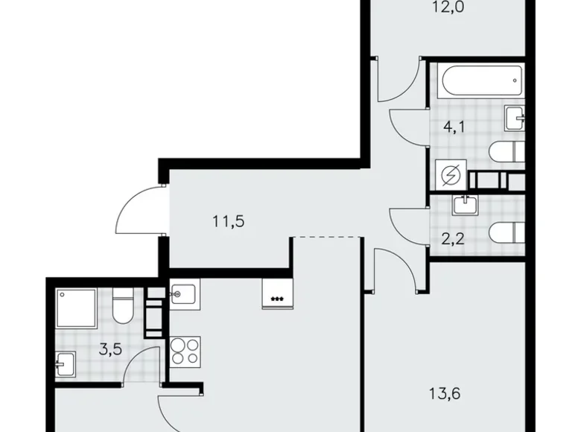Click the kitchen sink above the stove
pyautogui.click(x=183, y=295)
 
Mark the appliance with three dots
pyautogui.click(x=277, y=295)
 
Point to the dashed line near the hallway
pyautogui.click(x=326, y=237)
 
